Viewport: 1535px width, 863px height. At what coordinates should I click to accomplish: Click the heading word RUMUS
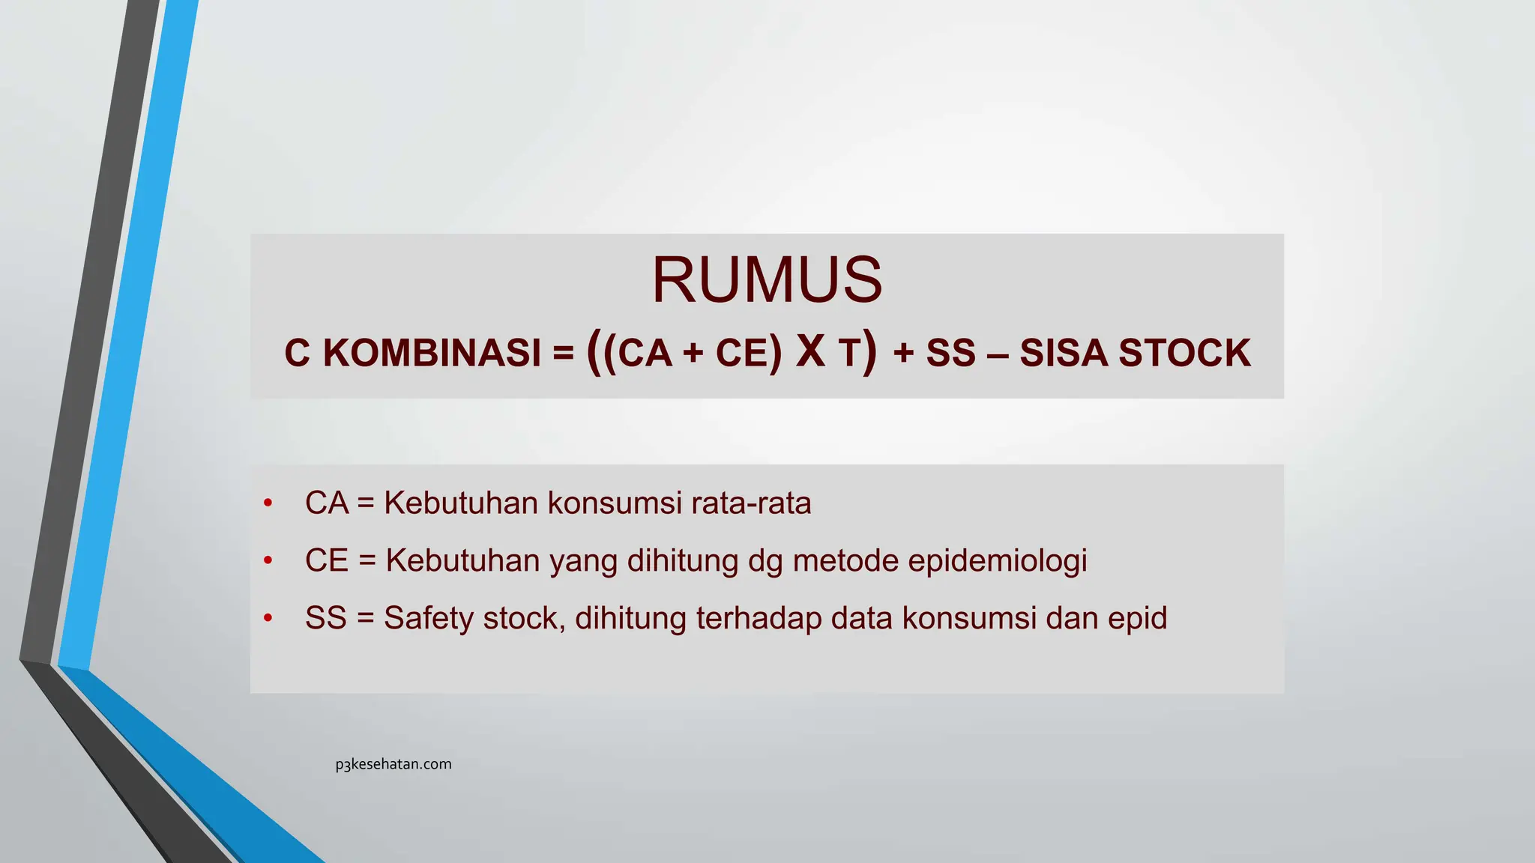point(767,280)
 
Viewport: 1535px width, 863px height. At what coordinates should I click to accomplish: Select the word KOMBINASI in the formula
point(432,353)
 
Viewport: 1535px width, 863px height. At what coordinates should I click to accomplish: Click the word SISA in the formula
point(1063,353)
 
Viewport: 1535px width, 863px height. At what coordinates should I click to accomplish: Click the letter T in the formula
point(848,354)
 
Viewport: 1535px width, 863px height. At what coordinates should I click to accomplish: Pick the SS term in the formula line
point(950,353)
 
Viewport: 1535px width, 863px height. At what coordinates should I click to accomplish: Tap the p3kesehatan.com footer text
point(393,764)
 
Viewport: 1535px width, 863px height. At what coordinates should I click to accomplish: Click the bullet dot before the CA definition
point(268,503)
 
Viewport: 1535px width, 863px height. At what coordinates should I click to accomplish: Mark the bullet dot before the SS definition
point(268,619)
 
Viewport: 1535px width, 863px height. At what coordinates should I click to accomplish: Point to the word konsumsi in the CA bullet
point(615,503)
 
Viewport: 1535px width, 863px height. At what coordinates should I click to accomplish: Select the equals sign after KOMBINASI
point(563,353)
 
